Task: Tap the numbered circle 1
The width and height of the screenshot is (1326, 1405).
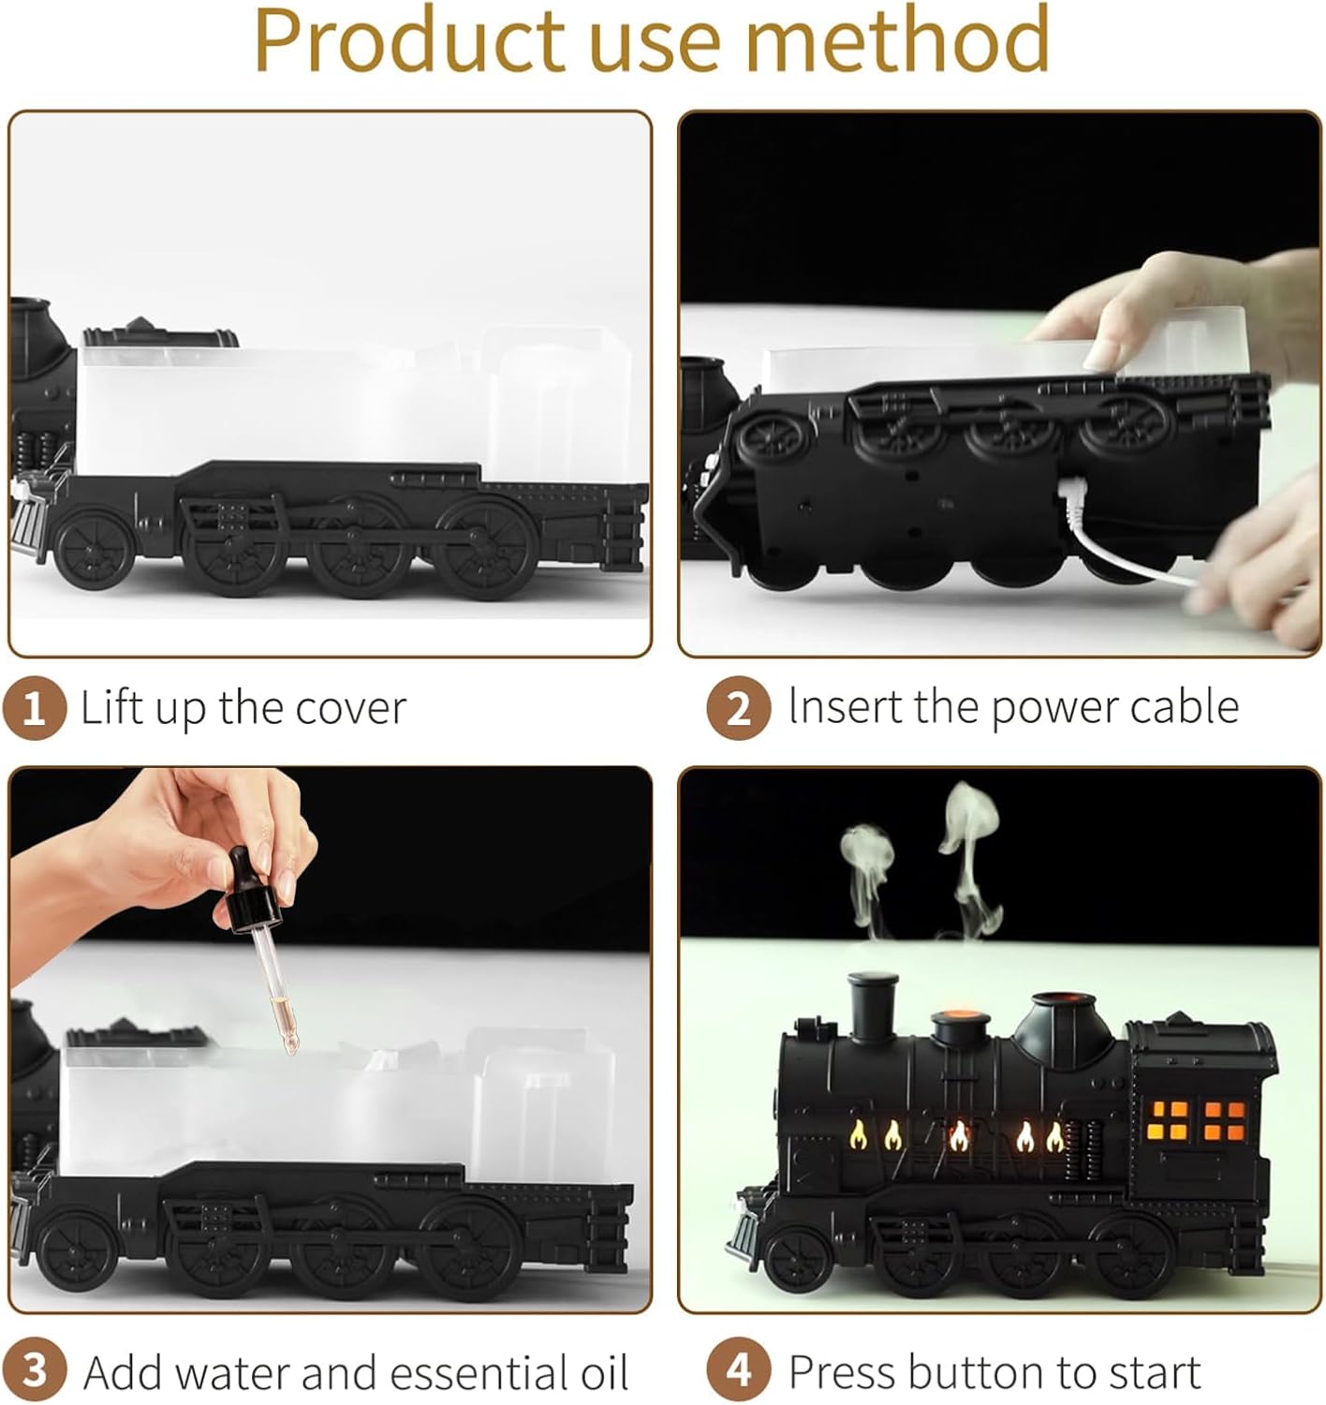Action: click(35, 708)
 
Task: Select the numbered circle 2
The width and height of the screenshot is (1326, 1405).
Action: click(738, 708)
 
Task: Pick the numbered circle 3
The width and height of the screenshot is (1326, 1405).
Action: click(35, 1371)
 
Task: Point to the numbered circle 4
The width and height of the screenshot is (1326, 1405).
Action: click(738, 1371)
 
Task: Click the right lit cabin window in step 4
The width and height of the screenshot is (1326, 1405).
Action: click(1225, 1120)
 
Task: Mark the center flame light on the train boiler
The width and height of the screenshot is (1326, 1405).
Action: click(959, 1137)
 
